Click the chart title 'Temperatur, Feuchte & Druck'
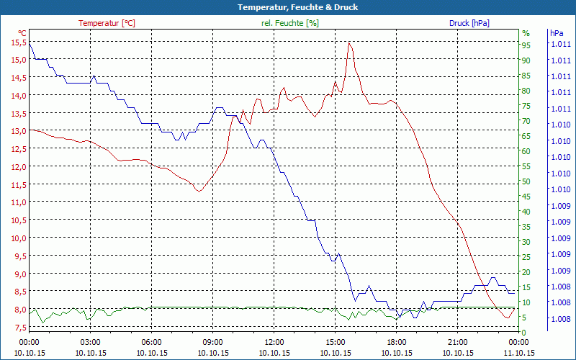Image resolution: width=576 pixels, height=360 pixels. point(287,7)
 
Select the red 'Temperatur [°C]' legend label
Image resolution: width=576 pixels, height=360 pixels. point(107,23)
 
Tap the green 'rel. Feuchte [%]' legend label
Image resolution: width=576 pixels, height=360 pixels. point(290,23)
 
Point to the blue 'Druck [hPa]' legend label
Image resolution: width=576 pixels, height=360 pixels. point(469,23)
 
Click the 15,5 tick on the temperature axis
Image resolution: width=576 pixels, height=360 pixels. point(18,42)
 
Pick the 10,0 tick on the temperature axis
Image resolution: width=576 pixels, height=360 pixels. point(18,238)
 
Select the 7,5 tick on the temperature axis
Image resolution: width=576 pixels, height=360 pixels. point(18,328)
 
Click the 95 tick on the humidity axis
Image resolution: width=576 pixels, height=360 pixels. point(526,45)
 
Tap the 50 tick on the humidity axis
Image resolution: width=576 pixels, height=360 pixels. point(526,181)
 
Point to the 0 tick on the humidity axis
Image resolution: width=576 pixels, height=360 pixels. point(524,333)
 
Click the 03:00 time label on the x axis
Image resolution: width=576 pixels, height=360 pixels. point(90,342)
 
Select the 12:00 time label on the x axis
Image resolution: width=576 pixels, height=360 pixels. point(274,342)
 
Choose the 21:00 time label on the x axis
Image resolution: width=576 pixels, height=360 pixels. point(458,342)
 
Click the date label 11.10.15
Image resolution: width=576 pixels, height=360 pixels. point(519,353)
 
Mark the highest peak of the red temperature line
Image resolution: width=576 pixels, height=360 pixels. point(349,42)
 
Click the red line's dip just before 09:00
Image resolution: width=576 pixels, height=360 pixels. point(199,192)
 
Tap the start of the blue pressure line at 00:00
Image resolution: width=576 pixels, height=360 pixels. point(30,45)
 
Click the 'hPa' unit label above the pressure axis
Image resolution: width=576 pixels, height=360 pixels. point(556,33)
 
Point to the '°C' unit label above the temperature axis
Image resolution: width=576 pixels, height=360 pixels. point(22,33)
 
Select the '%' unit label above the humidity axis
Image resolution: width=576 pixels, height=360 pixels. point(526,33)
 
